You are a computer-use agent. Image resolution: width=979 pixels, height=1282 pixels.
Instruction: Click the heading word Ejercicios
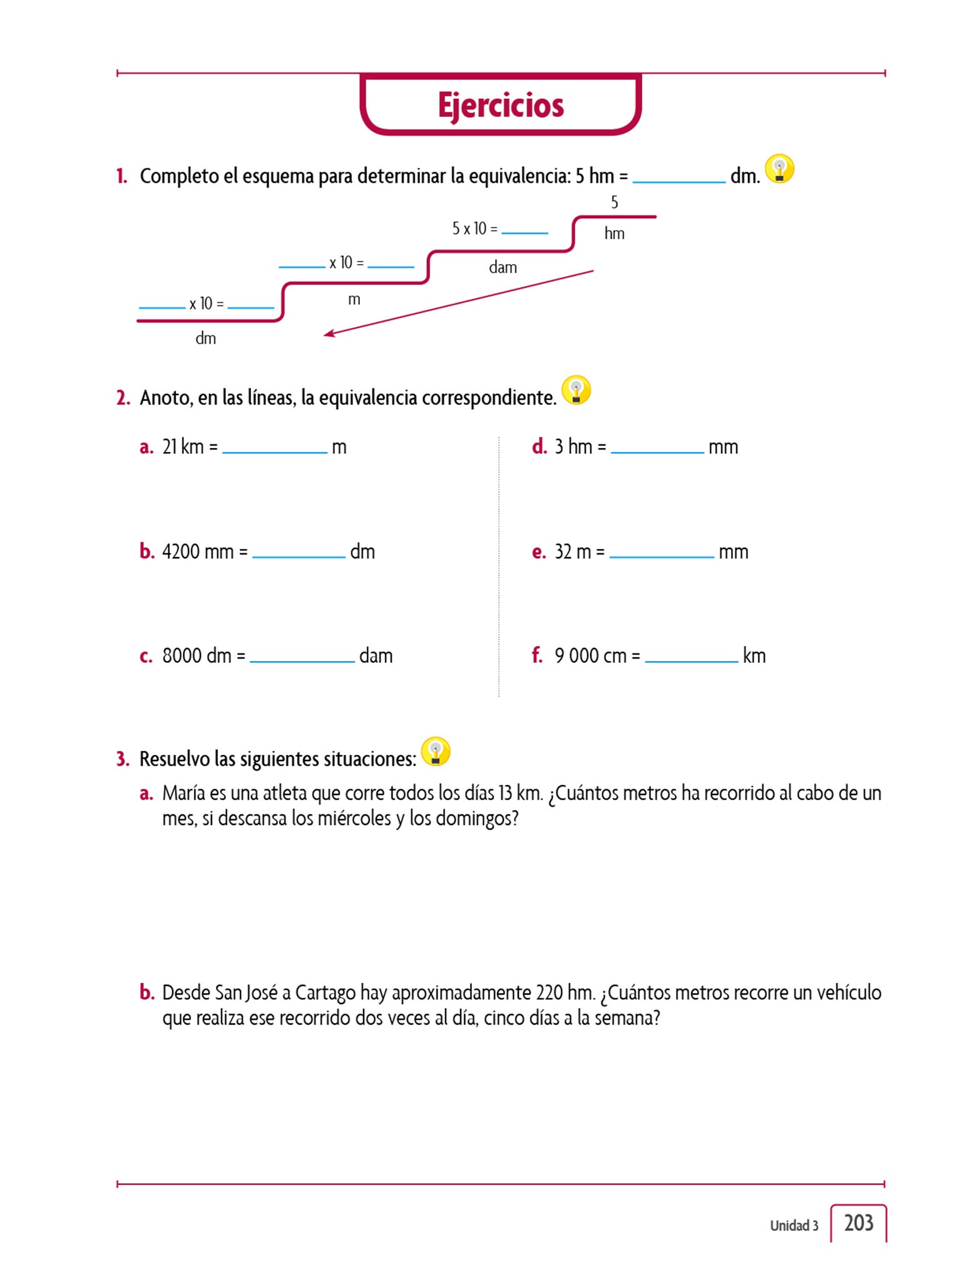pyautogui.click(x=501, y=105)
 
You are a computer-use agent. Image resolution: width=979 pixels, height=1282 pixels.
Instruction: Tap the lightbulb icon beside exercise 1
pyautogui.click(x=779, y=169)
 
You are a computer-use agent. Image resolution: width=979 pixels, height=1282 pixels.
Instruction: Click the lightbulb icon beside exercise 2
pyautogui.click(x=576, y=390)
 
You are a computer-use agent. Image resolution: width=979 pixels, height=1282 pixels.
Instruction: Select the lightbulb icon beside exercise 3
pyautogui.click(x=436, y=751)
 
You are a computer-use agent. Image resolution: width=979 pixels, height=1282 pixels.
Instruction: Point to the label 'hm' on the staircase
pyautogui.click(x=614, y=233)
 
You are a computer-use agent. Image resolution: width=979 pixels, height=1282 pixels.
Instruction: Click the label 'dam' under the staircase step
pyautogui.click(x=503, y=268)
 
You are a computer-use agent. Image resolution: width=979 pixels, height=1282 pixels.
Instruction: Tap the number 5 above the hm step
pyautogui.click(x=614, y=202)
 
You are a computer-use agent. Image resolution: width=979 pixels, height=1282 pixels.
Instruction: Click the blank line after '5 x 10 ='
pyautogui.click(x=525, y=232)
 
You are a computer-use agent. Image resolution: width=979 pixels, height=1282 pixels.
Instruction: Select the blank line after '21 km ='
pyautogui.click(x=274, y=451)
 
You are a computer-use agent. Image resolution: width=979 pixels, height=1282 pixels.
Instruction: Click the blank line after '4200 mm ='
pyautogui.click(x=299, y=556)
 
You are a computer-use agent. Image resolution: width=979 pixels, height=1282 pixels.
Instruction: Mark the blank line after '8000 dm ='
pyautogui.click(x=302, y=660)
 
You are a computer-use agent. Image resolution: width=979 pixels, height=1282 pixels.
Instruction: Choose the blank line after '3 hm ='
pyautogui.click(x=657, y=451)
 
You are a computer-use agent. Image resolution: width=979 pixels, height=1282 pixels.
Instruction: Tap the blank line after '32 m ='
pyautogui.click(x=662, y=556)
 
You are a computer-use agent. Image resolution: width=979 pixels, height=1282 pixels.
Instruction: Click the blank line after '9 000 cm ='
pyautogui.click(x=691, y=660)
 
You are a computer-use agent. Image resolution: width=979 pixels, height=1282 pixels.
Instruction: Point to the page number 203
pyautogui.click(x=858, y=1223)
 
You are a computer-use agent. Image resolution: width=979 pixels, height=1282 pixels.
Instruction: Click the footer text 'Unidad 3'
pyautogui.click(x=794, y=1226)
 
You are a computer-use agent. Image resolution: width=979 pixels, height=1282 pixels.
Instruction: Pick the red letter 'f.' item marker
pyautogui.click(x=537, y=655)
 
